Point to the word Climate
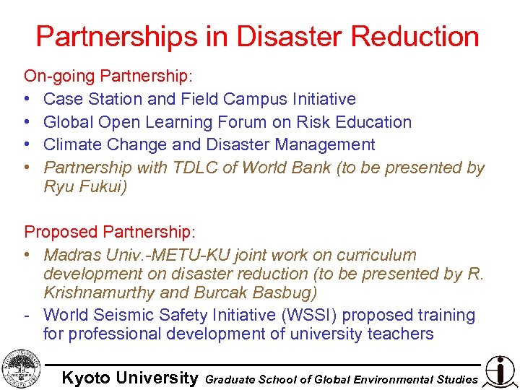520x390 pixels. [x=74, y=144]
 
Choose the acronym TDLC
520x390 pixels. [x=195, y=168]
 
